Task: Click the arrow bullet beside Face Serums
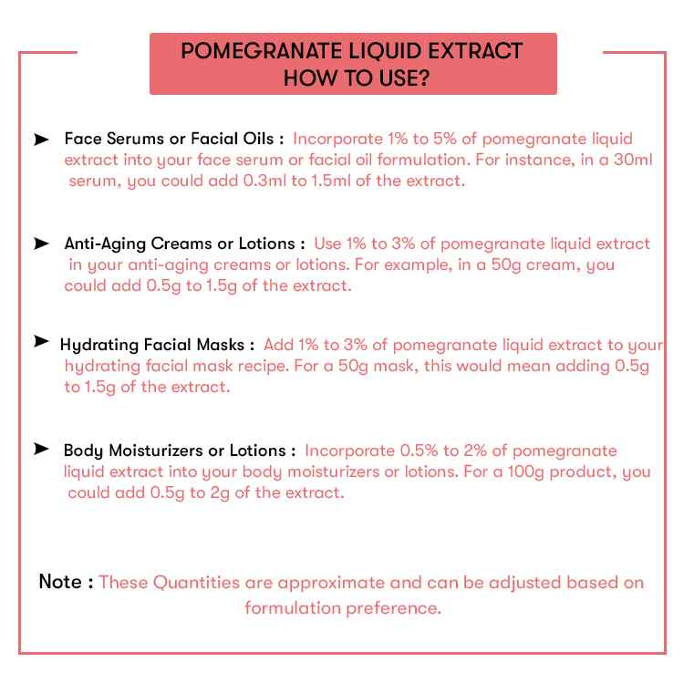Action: (x=41, y=140)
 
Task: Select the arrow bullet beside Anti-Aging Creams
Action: (x=41, y=244)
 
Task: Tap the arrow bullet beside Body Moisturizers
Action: (x=41, y=450)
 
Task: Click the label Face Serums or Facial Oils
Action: (x=173, y=140)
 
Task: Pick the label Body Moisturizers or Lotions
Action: (x=179, y=451)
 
